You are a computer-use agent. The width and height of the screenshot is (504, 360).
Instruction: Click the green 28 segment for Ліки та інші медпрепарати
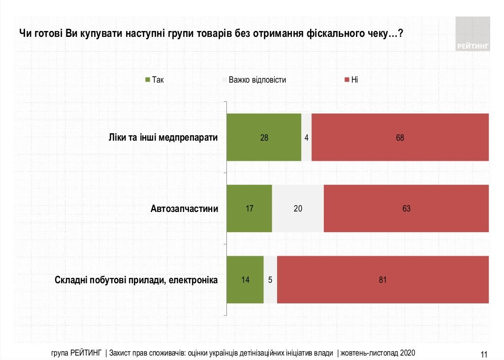(264, 137)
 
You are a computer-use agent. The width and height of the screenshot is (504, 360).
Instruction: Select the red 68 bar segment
(400, 137)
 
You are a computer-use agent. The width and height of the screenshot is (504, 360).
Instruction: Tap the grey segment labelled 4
(306, 137)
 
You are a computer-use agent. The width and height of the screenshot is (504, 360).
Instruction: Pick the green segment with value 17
(249, 209)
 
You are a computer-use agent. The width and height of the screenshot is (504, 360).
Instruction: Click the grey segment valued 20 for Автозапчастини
(298, 209)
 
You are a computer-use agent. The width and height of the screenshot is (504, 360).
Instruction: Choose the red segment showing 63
(406, 209)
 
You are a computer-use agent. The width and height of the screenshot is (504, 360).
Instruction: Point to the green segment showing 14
(245, 280)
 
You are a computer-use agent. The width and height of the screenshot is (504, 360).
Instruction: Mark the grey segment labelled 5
(270, 280)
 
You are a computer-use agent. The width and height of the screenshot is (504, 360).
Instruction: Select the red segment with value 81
(383, 280)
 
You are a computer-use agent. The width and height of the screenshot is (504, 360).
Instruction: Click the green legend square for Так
(147, 80)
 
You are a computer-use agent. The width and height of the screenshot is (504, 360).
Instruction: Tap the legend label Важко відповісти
(257, 80)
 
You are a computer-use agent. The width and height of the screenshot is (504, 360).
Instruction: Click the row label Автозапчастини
(185, 209)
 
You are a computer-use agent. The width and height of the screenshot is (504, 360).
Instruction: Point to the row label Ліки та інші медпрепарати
(163, 137)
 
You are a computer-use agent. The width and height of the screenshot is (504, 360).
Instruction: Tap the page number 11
(483, 354)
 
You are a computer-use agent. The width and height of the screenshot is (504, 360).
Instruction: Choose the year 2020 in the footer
(408, 353)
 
